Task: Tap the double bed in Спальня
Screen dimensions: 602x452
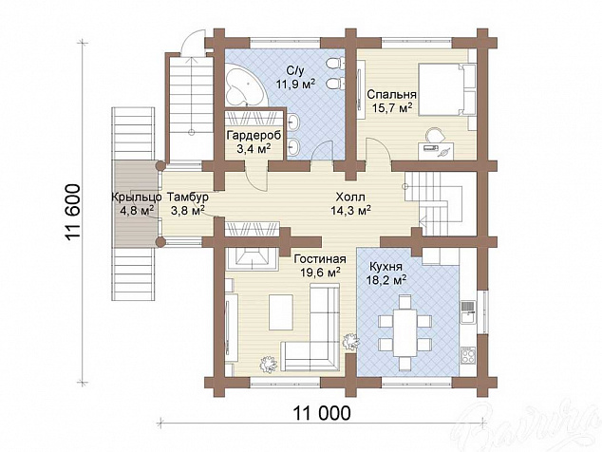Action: pyautogui.click(x=447, y=89)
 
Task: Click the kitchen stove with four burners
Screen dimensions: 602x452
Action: pyautogui.click(x=468, y=355)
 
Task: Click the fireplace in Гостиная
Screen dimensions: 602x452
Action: pyautogui.click(x=253, y=259)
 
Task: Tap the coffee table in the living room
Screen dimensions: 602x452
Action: pyautogui.click(x=281, y=311)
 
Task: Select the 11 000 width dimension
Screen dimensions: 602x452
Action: pyautogui.click(x=322, y=414)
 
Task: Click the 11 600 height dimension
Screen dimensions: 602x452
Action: pyautogui.click(x=73, y=213)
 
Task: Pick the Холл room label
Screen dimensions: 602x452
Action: pyautogui.click(x=350, y=198)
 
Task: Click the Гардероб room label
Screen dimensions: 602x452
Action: pyautogui.click(x=254, y=136)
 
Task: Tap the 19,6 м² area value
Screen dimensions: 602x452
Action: pyautogui.click(x=321, y=273)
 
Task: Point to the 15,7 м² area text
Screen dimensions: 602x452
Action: pyautogui.click(x=392, y=108)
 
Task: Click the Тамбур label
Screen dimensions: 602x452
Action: pyautogui.click(x=188, y=198)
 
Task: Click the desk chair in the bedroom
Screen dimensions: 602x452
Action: pyautogui.click(x=436, y=135)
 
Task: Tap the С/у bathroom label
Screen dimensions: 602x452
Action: pyautogui.click(x=295, y=70)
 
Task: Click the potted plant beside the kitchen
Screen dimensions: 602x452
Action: pyautogui.click(x=351, y=341)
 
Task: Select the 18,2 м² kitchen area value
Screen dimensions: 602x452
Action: pyautogui.click(x=386, y=281)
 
